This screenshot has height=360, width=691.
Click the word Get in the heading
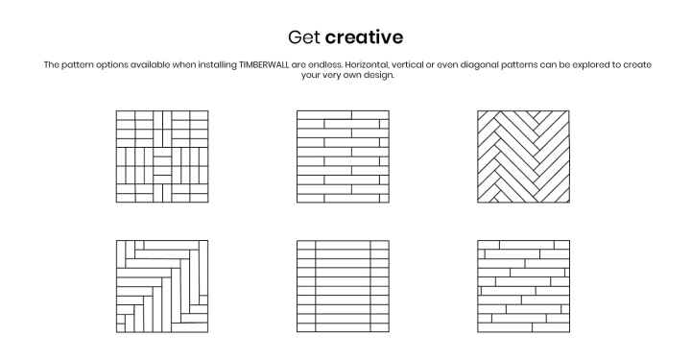303,37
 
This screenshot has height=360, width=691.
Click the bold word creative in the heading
364,37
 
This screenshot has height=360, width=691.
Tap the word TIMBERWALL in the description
264,64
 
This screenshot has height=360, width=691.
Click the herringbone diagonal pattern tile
523,156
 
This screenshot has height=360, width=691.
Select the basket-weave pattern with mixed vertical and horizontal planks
162,156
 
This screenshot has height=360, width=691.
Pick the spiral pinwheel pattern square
162,286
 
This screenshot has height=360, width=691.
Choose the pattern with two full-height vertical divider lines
343,286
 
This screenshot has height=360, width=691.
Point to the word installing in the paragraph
217,65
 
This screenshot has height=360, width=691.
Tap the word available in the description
150,64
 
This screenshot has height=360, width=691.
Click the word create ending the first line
637,64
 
